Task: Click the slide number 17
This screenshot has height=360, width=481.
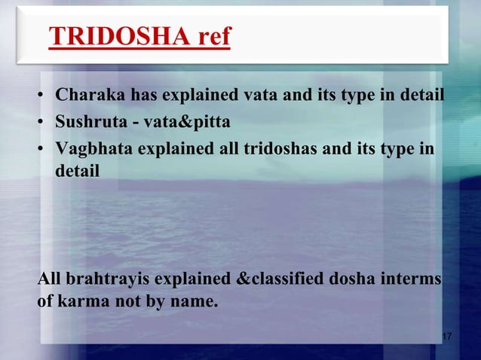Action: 446,335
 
